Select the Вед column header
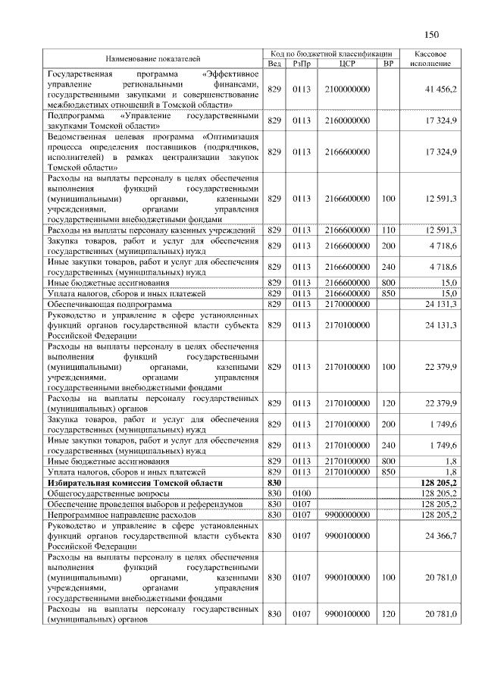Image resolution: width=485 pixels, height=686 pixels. point(274,64)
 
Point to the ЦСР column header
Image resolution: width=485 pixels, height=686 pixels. point(348,64)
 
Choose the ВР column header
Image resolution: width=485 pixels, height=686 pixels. point(389,64)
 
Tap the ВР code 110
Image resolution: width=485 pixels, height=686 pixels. point(389,229)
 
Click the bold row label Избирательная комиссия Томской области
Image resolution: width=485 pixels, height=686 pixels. point(135,482)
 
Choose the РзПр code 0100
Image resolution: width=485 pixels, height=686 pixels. point(302,493)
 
